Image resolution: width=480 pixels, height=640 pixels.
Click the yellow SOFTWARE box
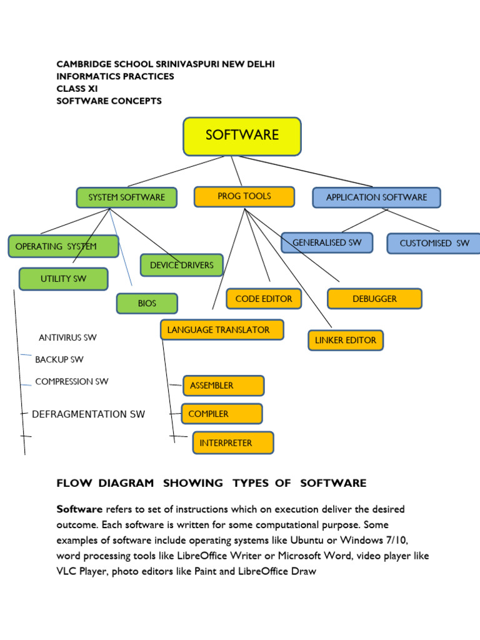(242, 136)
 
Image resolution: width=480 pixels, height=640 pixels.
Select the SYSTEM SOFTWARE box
(126, 197)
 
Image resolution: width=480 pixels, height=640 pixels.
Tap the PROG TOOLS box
(244, 196)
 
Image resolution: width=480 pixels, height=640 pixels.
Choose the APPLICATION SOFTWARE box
(376, 197)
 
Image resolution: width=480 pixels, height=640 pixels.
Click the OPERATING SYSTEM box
(63, 246)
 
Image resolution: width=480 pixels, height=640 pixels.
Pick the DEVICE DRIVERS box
(181, 265)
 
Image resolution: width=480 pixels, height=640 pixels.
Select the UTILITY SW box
(63, 279)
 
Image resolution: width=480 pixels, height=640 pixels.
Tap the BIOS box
(147, 304)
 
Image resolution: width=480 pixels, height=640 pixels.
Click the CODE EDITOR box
(264, 299)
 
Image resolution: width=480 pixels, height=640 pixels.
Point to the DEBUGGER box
(374, 299)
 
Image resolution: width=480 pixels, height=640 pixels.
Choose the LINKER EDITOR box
(345, 340)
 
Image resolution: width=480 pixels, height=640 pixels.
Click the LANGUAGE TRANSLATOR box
(222, 329)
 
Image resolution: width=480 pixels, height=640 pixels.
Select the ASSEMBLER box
(223, 386)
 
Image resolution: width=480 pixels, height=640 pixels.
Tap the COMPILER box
(221, 414)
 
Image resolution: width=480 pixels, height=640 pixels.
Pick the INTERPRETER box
(232, 443)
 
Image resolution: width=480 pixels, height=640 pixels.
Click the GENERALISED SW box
(326, 242)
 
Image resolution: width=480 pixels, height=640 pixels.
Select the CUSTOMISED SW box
(434, 243)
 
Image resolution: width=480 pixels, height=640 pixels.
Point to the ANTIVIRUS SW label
(67, 337)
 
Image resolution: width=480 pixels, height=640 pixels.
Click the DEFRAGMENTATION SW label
(88, 414)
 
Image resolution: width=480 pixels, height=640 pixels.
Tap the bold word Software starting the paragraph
(79, 509)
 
